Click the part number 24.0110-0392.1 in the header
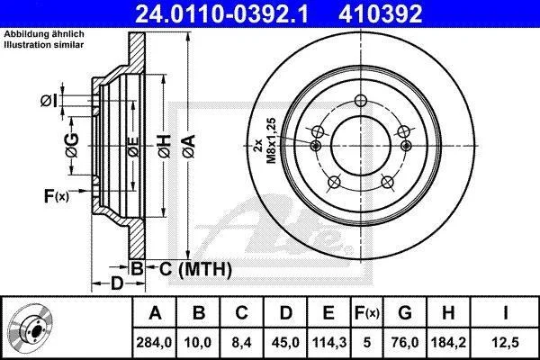(x=221, y=13)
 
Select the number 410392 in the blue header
(x=380, y=13)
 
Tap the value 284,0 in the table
(x=154, y=342)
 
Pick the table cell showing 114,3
(x=328, y=342)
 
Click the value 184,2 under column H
(x=448, y=342)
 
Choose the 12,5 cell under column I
(x=506, y=342)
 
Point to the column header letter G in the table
(x=405, y=313)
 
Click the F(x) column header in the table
(x=367, y=313)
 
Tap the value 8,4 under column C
(x=241, y=342)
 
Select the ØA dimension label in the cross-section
(x=189, y=147)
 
